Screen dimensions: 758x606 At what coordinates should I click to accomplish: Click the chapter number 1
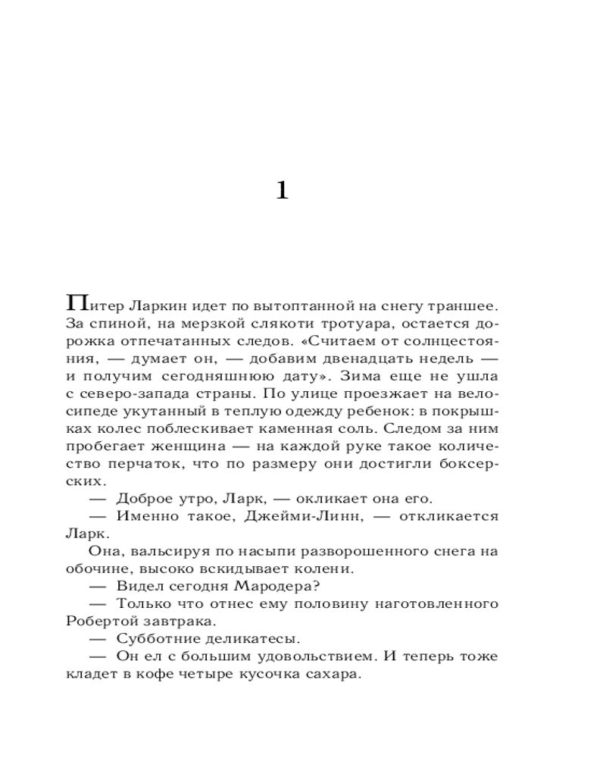(282, 190)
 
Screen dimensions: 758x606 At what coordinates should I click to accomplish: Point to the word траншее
(464, 305)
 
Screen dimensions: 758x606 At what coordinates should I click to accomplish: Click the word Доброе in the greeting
(141, 499)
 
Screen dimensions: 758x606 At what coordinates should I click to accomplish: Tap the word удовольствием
(304, 657)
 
